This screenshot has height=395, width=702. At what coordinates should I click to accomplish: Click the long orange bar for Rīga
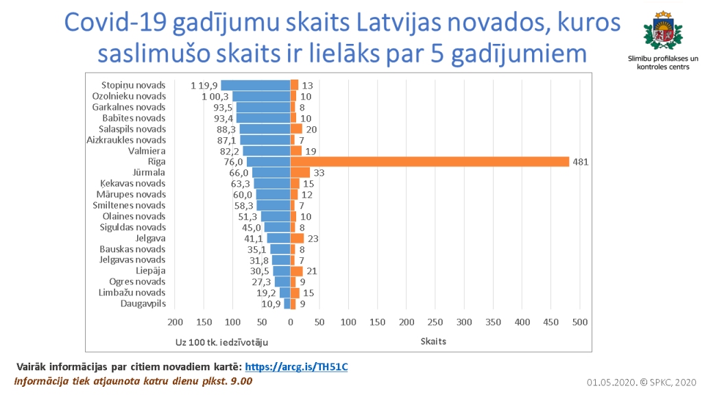[x=430, y=162]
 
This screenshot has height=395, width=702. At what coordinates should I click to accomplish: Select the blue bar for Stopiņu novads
[x=255, y=85]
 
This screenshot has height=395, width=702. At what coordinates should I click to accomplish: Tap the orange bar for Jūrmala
[x=300, y=173]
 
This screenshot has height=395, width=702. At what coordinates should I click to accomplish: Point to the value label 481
[x=582, y=162]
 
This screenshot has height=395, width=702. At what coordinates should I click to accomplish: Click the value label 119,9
[x=204, y=86]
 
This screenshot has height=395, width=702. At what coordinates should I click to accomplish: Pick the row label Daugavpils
[x=143, y=303]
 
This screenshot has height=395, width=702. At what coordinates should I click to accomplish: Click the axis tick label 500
[x=580, y=322]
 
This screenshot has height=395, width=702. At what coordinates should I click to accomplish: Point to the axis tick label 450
[x=551, y=322]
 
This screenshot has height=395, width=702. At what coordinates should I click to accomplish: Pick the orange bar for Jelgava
[x=297, y=238]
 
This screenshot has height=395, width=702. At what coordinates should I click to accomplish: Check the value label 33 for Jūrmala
[x=319, y=173]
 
